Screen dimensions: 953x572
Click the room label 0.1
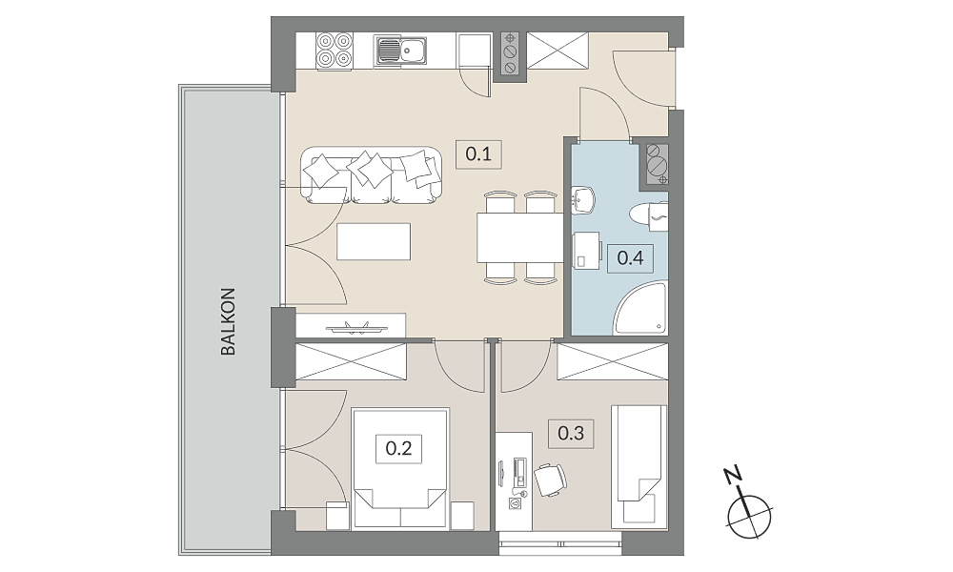[479, 153]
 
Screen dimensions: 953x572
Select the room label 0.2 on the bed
[398, 449]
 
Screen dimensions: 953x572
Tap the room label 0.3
[571, 434]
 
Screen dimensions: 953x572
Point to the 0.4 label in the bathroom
[630, 257]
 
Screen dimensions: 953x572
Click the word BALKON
[228, 321]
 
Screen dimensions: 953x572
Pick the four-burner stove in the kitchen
[335, 50]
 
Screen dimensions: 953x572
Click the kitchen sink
[401, 50]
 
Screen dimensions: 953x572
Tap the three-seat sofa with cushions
[372, 175]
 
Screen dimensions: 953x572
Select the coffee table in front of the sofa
[374, 241]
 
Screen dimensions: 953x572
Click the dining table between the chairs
[520, 237]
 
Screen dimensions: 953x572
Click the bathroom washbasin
[582, 200]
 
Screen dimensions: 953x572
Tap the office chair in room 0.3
[550, 479]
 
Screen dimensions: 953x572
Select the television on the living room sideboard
[356, 328]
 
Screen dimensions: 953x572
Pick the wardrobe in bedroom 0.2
[351, 362]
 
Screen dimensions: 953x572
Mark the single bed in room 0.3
[639, 464]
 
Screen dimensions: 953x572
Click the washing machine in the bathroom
[586, 250]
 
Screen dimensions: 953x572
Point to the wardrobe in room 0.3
[613, 362]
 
